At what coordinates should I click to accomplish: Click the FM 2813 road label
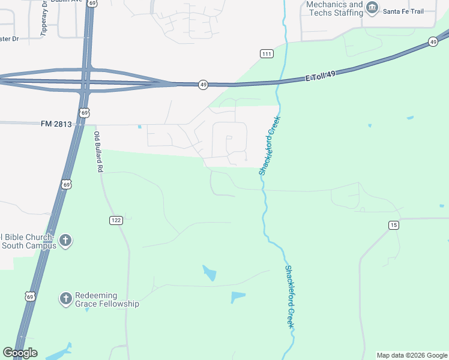(56, 124)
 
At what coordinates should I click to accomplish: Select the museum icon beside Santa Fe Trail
(373, 8)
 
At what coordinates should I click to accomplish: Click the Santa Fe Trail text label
(403, 11)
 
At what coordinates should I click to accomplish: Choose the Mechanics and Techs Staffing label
(334, 8)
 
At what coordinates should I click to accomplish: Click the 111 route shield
(267, 54)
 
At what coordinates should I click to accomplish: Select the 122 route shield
(116, 220)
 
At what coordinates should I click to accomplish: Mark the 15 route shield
(393, 225)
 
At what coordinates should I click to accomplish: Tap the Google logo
(20, 353)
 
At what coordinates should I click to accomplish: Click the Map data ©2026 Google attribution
(412, 355)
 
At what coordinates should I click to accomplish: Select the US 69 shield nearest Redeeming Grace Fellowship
(29, 296)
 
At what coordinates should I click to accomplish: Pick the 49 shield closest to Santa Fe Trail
(433, 41)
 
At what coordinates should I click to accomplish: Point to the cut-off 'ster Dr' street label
(10, 39)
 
